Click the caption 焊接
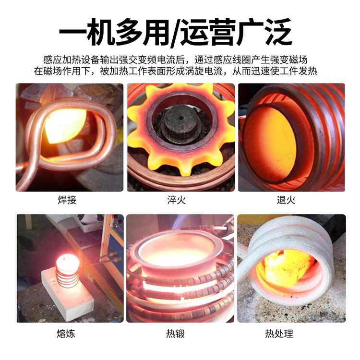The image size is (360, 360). tap(67, 200)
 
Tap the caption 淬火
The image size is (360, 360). tap(176, 200)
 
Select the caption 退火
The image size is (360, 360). tap(286, 200)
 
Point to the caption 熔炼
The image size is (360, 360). tap(66, 334)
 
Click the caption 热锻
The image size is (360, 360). tap(175, 334)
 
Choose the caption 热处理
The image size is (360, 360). tap(279, 334)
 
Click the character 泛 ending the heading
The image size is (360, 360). tap(278, 32)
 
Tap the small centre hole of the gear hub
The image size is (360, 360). tap(181, 118)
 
